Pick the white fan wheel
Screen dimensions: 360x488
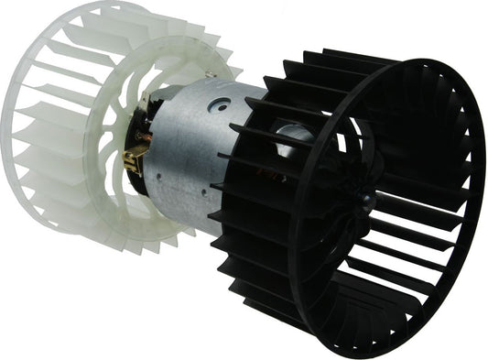55,137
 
